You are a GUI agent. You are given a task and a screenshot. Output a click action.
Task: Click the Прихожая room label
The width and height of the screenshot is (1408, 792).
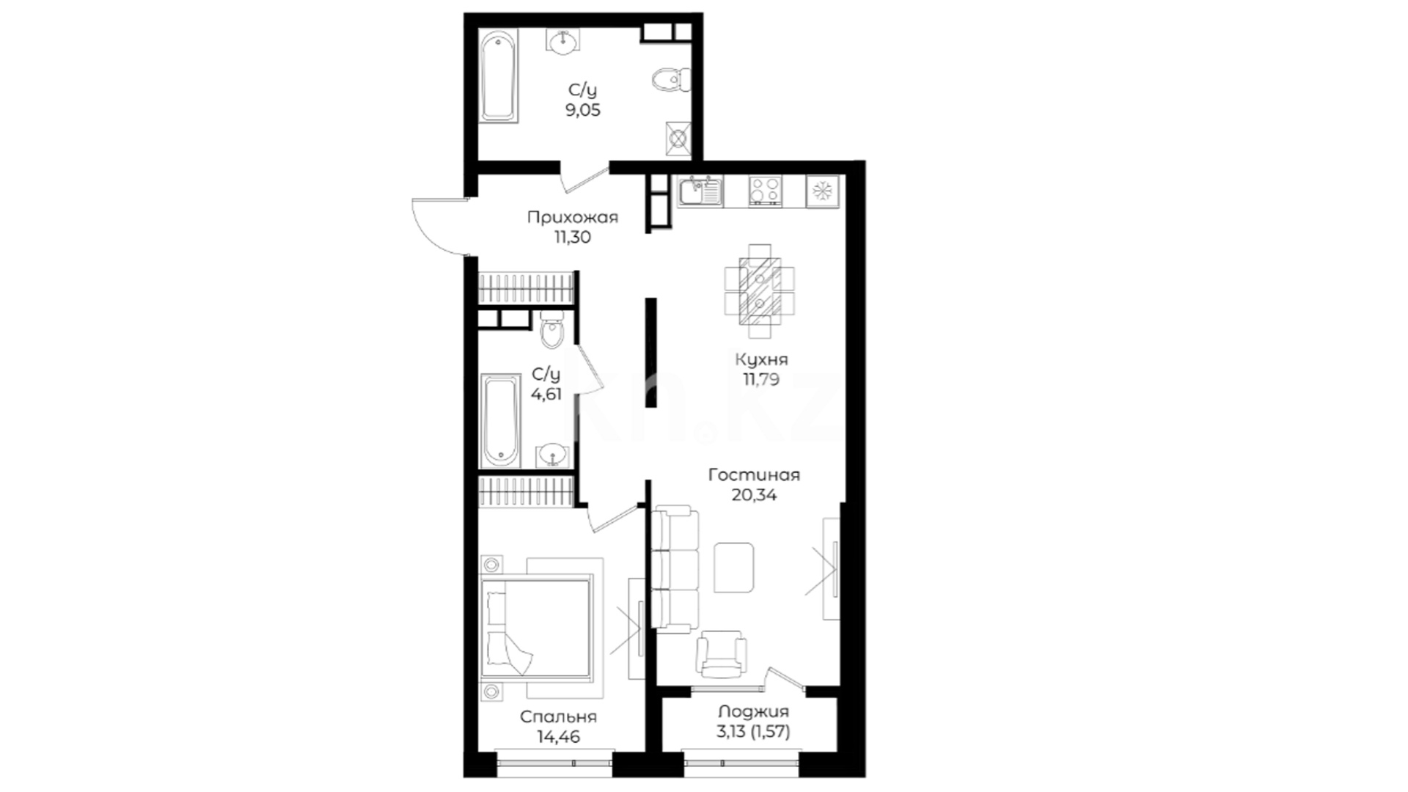pos(573,217)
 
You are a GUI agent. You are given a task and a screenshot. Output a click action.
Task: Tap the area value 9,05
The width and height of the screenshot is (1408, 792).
pos(582,110)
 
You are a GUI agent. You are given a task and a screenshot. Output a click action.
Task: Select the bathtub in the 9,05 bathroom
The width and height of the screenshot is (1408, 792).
pos(499,76)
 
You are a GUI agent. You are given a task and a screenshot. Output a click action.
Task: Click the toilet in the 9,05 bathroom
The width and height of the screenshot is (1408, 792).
pos(671,79)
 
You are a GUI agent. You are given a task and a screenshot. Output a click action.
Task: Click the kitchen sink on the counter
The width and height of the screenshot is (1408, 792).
pos(700,191)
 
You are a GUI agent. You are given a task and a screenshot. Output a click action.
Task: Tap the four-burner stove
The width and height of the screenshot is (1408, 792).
pos(765,191)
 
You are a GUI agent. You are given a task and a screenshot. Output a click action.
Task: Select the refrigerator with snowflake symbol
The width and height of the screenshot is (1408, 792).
pos(822,191)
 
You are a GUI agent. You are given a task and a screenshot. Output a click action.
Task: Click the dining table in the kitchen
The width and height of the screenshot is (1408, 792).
pos(760,291)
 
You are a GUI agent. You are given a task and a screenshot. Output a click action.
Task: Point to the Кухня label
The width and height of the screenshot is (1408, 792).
pos(761,359)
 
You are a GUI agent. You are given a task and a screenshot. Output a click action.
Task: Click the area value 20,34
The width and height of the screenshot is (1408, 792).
pos(754,495)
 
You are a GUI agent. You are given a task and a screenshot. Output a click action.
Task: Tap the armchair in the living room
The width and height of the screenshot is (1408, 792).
pos(722,653)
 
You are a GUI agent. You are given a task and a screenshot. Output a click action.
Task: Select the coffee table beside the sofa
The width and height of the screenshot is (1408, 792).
pos(733,567)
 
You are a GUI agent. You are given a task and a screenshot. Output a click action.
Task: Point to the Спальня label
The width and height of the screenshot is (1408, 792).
pos(558,716)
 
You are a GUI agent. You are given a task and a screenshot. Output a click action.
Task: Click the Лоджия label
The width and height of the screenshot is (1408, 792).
pos(753,711)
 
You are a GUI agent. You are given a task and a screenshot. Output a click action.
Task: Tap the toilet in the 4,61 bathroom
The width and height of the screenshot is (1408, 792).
pos(551,330)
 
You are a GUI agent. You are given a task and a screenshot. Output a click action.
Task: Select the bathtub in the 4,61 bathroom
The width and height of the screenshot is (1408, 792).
pos(500,421)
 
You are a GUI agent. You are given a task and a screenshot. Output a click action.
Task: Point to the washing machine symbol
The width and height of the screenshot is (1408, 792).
pos(678,139)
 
